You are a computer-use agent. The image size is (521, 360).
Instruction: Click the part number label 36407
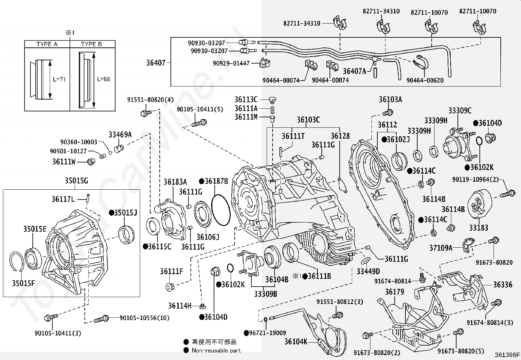156,63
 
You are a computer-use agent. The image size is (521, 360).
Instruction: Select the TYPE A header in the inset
47,44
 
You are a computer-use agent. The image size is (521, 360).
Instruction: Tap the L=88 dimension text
103,79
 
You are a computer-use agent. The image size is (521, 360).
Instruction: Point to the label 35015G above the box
76,181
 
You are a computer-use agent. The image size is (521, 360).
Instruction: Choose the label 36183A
175,182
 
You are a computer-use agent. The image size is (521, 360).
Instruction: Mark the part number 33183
478,228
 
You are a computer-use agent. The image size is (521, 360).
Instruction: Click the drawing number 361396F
507,355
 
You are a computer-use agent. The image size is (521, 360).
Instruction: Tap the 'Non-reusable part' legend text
216,351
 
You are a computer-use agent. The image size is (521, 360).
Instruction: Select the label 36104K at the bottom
296,342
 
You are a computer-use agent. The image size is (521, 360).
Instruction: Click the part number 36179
394,292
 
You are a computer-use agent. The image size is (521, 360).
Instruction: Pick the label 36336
503,285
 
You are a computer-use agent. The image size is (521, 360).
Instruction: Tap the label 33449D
368,271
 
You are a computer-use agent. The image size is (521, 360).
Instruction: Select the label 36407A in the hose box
354,71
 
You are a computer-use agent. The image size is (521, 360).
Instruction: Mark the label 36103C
308,120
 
